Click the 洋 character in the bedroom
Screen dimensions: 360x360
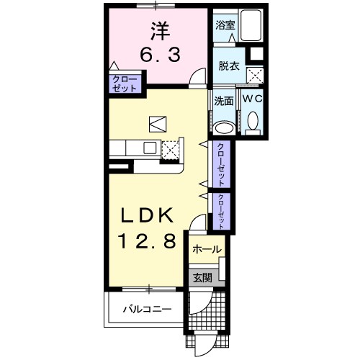[161, 31]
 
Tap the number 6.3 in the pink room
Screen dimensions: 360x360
[160, 55]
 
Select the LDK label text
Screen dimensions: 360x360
[147, 215]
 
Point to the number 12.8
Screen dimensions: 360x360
[147, 240]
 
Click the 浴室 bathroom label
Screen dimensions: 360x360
[225, 25]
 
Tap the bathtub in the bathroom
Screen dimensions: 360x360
[251, 25]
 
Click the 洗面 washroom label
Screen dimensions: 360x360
[224, 102]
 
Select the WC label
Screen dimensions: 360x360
[252, 99]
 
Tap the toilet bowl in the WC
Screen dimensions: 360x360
[253, 121]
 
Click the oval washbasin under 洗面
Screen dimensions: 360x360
[224, 128]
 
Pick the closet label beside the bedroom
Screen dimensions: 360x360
[125, 84]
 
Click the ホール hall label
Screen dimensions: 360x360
[207, 250]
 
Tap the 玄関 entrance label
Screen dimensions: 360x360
[203, 278]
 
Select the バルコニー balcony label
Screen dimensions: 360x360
[148, 309]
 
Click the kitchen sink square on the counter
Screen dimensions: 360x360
[150, 148]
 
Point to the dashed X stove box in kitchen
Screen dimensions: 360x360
[171, 150]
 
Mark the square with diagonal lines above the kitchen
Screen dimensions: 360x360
[158, 124]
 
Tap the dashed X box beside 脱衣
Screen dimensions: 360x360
[255, 76]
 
